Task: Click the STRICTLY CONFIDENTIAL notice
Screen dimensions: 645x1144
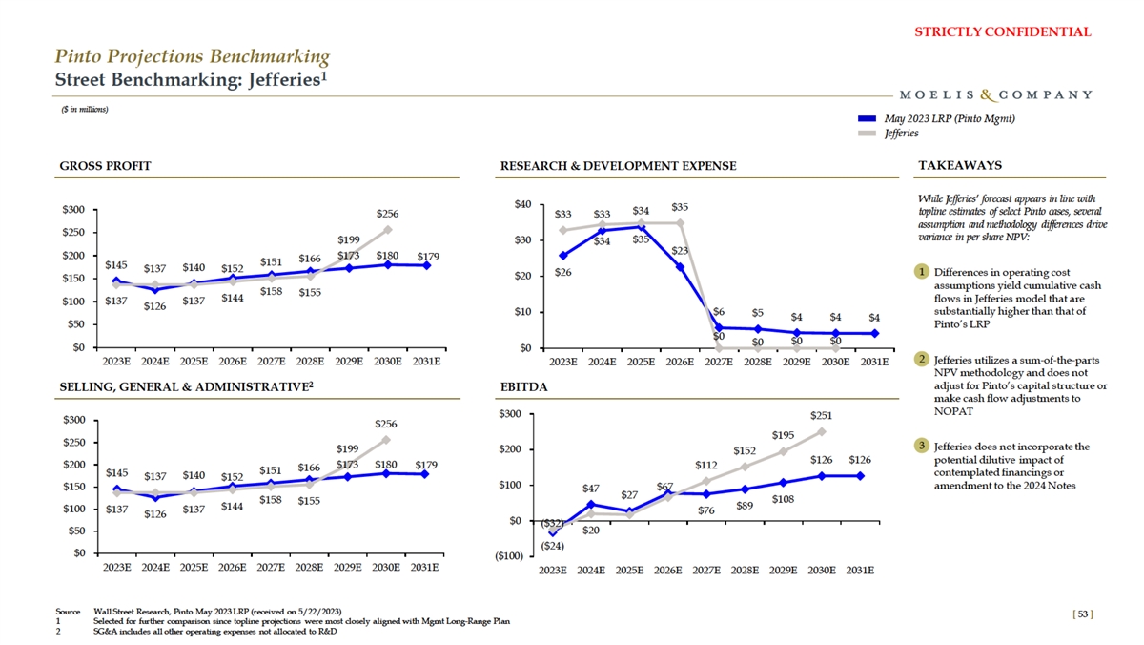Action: [x=1015, y=31]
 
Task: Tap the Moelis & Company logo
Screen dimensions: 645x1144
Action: [x=995, y=94]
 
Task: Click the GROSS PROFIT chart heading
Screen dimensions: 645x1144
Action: [x=105, y=166]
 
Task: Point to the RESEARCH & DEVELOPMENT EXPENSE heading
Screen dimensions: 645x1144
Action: [x=618, y=166]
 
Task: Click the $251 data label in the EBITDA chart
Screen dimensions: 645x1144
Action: [x=822, y=416]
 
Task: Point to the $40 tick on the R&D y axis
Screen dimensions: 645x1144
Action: [x=521, y=204]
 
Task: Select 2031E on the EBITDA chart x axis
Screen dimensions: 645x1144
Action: [x=860, y=571]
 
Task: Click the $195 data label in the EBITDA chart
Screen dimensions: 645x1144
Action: [x=783, y=436]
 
